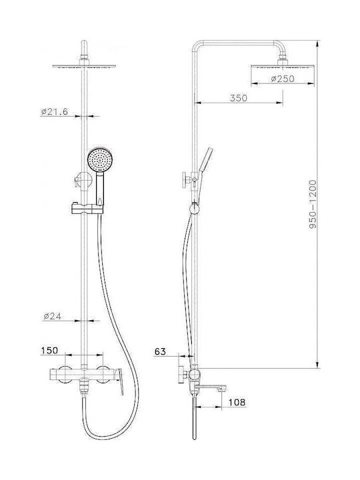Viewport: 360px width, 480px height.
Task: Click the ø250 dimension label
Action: pyautogui.click(x=283, y=79)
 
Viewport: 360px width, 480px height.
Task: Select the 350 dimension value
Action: pyautogui.click(x=239, y=98)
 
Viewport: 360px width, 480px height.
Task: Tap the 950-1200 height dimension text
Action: pyautogui.click(x=313, y=204)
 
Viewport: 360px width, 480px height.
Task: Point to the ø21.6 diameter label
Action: pyautogui.click(x=54, y=111)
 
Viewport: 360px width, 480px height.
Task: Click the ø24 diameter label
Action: pyautogui.click(x=53, y=316)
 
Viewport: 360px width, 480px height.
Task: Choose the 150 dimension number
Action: pyautogui.click(x=49, y=350)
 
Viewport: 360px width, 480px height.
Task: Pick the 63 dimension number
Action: pyautogui.click(x=160, y=351)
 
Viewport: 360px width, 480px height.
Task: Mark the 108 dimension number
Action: pyautogui.click(x=237, y=402)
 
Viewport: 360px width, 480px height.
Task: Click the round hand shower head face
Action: pyautogui.click(x=100, y=160)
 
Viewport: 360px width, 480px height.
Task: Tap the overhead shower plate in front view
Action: pyautogui.click(x=84, y=66)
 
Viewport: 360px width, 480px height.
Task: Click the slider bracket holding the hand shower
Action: pyautogui.click(x=87, y=208)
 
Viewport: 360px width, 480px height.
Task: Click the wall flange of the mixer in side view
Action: pyautogui.click(x=180, y=374)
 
